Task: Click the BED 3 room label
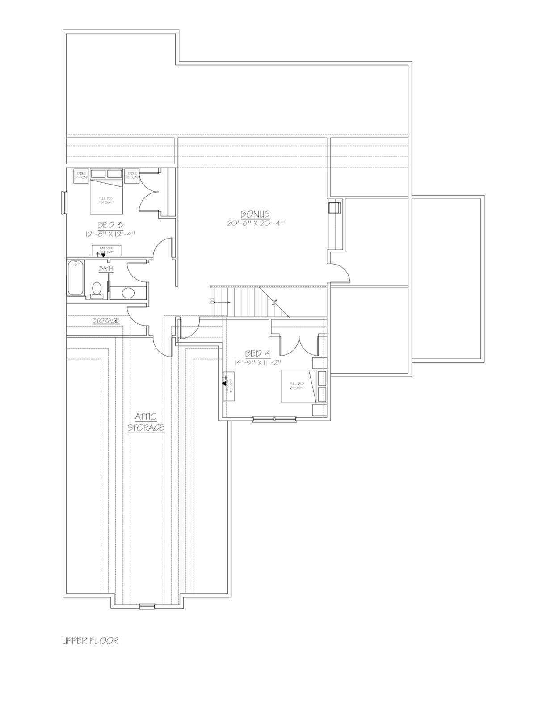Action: [x=110, y=225]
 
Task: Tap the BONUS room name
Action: [x=255, y=214]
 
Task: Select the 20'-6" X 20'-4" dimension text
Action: [x=255, y=223]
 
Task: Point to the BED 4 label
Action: [x=257, y=354]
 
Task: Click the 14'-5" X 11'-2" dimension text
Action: [x=258, y=362]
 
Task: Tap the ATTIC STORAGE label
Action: [x=146, y=422]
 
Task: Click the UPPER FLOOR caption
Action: [x=90, y=641]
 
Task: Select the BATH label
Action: [x=106, y=269]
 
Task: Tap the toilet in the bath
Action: [x=96, y=289]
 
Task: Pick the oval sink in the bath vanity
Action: [x=128, y=293]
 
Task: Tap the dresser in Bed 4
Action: [x=228, y=386]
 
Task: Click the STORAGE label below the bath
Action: [x=106, y=321]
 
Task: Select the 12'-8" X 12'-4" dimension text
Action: [x=110, y=233]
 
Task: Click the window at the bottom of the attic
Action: [x=146, y=606]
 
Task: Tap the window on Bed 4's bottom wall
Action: [x=274, y=419]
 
